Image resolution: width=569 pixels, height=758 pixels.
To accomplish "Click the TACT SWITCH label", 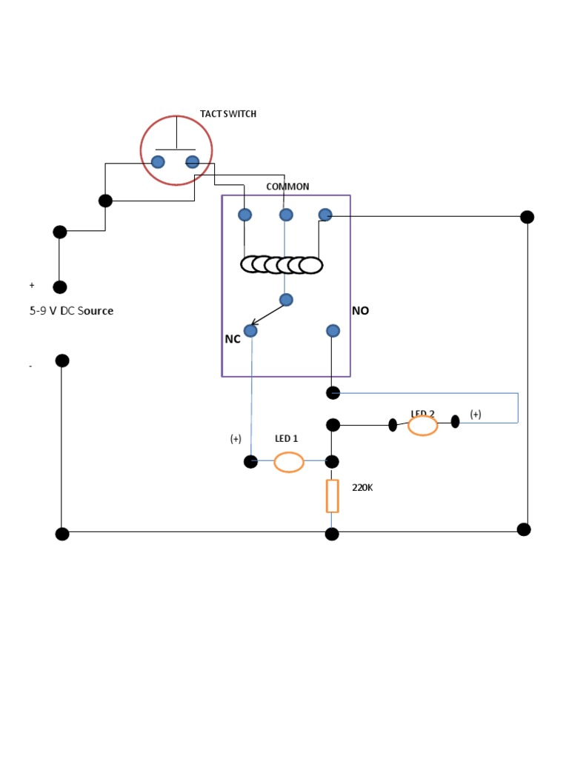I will (x=228, y=114).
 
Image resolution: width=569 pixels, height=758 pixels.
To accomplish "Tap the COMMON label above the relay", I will (x=287, y=187).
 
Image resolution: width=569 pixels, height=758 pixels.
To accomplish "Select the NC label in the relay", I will (x=233, y=339).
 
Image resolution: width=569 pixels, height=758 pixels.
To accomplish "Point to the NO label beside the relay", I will (x=361, y=311).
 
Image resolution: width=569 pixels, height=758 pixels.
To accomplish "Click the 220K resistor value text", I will (x=362, y=488).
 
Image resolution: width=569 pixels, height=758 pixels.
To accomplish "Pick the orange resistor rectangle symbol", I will (x=333, y=496).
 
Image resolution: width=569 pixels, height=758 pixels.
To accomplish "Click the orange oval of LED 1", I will (x=289, y=463).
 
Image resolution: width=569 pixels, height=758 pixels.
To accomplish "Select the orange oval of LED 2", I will (x=423, y=426).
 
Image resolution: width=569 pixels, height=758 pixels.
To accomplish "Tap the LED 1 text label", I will (x=286, y=439).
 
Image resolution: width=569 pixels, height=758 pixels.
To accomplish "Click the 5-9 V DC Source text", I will (x=71, y=311).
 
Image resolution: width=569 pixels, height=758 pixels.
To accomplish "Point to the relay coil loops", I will (x=282, y=264).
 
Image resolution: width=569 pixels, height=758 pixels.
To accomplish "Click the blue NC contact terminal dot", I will (x=250, y=331).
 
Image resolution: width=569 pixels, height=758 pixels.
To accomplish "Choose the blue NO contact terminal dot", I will (x=333, y=331).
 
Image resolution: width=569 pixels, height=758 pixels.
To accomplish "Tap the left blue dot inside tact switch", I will (x=158, y=162).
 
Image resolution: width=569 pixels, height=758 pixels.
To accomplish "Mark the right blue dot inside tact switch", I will (x=193, y=162).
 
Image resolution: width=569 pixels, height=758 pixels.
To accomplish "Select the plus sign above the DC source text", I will (x=32, y=285).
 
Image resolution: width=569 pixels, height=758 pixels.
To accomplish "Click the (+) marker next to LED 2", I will (x=476, y=415).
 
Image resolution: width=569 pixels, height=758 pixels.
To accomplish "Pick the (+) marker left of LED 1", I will (x=236, y=439).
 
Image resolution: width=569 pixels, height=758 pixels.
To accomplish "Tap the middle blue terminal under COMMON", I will (x=286, y=215).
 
